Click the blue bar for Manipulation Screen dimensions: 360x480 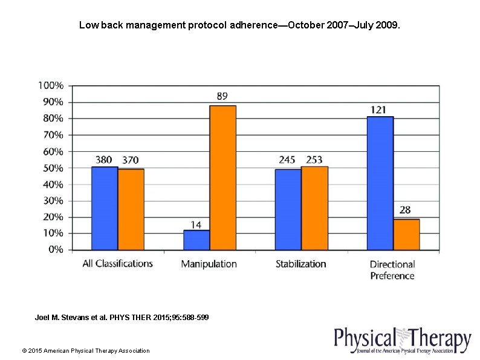(x=196, y=240)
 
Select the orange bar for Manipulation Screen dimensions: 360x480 (x=222, y=178)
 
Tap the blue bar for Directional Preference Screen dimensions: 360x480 (x=380, y=183)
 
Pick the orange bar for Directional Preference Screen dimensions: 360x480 (x=406, y=234)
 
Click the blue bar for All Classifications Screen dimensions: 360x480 (x=105, y=208)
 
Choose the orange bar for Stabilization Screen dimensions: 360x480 (x=314, y=208)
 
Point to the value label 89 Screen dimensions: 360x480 (x=222, y=96)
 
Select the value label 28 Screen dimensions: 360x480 (x=405, y=210)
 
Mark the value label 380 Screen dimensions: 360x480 (x=103, y=160)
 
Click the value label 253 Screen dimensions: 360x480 (x=314, y=160)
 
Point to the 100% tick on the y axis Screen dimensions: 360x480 (x=51, y=85)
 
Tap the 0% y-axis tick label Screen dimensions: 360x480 (x=55, y=249)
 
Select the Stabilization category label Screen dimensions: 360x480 (x=300, y=264)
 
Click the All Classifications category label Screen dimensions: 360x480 (x=117, y=264)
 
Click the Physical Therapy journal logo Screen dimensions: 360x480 (x=402, y=341)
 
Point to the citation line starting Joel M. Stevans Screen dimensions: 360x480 (x=122, y=317)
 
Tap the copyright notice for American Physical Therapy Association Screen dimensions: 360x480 (x=85, y=350)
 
